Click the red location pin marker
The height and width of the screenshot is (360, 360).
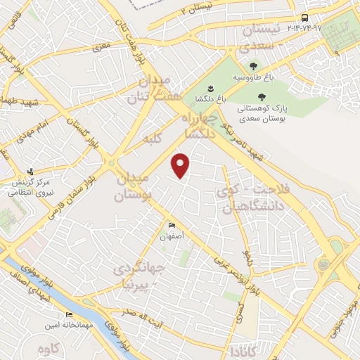tap(181, 165)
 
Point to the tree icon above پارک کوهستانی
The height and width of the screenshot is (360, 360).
tap(262, 98)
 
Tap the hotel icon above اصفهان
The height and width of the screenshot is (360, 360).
tap(172, 225)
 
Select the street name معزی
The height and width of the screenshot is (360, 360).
tap(103, 48)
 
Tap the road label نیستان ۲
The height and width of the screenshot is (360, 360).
tap(191, 9)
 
